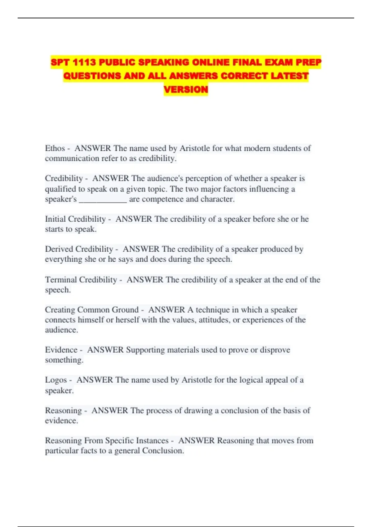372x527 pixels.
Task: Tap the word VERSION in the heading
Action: click(x=186, y=89)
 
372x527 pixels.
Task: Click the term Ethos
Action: click(x=55, y=148)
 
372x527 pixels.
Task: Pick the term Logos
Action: click(x=56, y=380)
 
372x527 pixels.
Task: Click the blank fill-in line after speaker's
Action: click(x=103, y=199)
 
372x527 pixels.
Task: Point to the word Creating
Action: click(x=60, y=310)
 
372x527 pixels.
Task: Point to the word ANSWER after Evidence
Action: click(x=105, y=350)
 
